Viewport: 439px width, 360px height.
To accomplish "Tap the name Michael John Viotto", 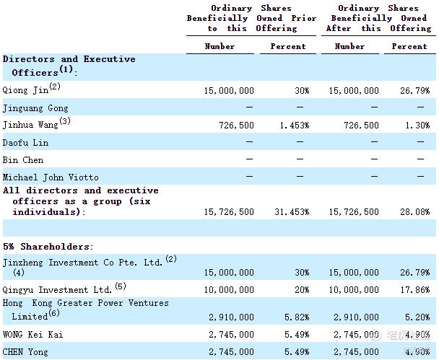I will click(x=51, y=177).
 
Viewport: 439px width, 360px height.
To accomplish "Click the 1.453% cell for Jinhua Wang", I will click(x=295, y=125).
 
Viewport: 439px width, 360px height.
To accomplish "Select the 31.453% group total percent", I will click(x=292, y=212).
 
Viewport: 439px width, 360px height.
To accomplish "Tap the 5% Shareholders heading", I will click(x=48, y=246).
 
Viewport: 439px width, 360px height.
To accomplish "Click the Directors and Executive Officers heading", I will click(x=69, y=66).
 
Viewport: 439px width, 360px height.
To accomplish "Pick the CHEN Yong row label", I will click(x=26, y=352).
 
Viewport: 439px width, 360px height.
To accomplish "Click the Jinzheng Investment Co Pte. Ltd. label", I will click(x=83, y=263).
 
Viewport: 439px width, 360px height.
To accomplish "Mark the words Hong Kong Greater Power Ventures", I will click(x=85, y=303).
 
